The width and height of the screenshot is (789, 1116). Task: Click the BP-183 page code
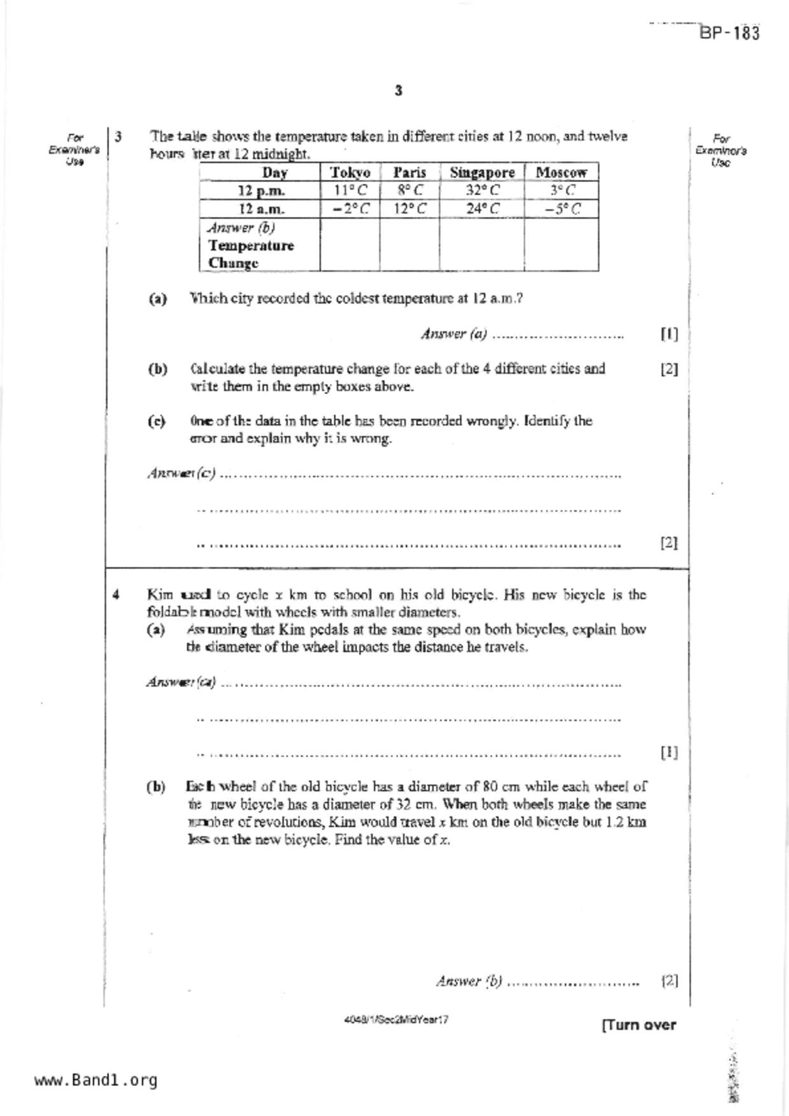(730, 33)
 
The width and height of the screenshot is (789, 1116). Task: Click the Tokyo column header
(350, 172)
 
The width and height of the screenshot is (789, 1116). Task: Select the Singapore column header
(481, 172)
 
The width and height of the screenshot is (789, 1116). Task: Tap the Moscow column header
(561, 172)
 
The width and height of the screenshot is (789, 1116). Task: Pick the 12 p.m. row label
(261, 191)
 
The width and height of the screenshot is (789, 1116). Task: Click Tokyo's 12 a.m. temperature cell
(350, 209)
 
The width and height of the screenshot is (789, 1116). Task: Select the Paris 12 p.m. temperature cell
(409, 190)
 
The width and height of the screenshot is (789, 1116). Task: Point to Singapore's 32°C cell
(481, 190)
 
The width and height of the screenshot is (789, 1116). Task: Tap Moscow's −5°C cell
(561, 209)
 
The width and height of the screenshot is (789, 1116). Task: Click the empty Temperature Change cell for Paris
(409, 245)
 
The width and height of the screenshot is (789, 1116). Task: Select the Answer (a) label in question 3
(453, 333)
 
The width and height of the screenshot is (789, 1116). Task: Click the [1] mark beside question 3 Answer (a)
(669, 333)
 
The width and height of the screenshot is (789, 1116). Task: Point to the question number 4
(116, 595)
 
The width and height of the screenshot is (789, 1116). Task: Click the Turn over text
(638, 1025)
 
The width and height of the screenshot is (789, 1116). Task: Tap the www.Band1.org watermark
(96, 1080)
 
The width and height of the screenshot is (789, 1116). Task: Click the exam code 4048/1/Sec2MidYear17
(395, 1019)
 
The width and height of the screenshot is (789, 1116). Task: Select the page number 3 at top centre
(398, 90)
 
